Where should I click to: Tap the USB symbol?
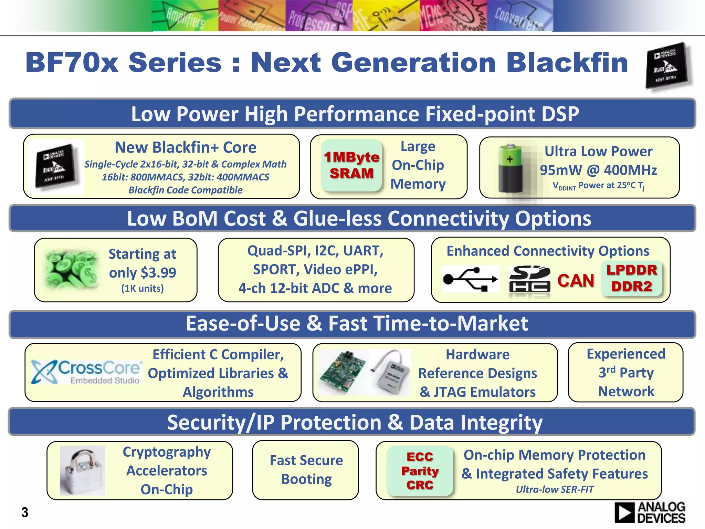click(x=470, y=279)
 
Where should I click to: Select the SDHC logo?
click(x=529, y=279)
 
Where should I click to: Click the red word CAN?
click(x=576, y=280)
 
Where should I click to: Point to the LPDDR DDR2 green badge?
click(x=632, y=278)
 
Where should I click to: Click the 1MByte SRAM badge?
click(x=351, y=165)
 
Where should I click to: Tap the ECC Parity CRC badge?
click(x=420, y=470)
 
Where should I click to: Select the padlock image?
click(x=82, y=471)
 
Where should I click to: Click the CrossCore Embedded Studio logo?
click(x=86, y=372)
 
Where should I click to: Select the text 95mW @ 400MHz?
click(x=598, y=170)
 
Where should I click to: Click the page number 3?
click(x=25, y=512)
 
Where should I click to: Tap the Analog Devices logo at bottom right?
click(x=650, y=512)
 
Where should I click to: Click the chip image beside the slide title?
click(x=667, y=65)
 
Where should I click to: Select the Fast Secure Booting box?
click(x=306, y=470)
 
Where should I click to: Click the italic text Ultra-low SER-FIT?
click(x=555, y=489)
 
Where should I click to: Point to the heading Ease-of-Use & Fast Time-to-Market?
click(x=357, y=323)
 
